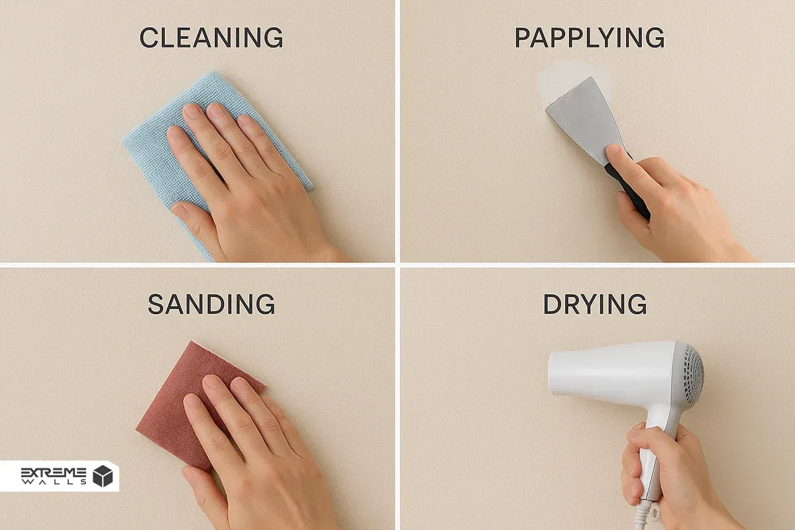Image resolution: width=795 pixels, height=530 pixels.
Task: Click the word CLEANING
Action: point(211,37)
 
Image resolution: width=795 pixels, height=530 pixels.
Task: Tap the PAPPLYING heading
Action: point(589,37)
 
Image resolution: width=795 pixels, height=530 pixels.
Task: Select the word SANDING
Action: point(211,304)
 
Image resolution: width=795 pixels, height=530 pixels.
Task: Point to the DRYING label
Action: point(595,304)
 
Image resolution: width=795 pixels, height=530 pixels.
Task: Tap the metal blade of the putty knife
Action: point(586,117)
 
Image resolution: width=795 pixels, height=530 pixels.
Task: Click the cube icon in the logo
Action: point(103,476)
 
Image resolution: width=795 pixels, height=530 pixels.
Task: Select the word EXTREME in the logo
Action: point(54,472)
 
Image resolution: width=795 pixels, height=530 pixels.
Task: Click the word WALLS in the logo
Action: point(54,482)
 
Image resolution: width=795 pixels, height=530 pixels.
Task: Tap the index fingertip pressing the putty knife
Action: point(613,151)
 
